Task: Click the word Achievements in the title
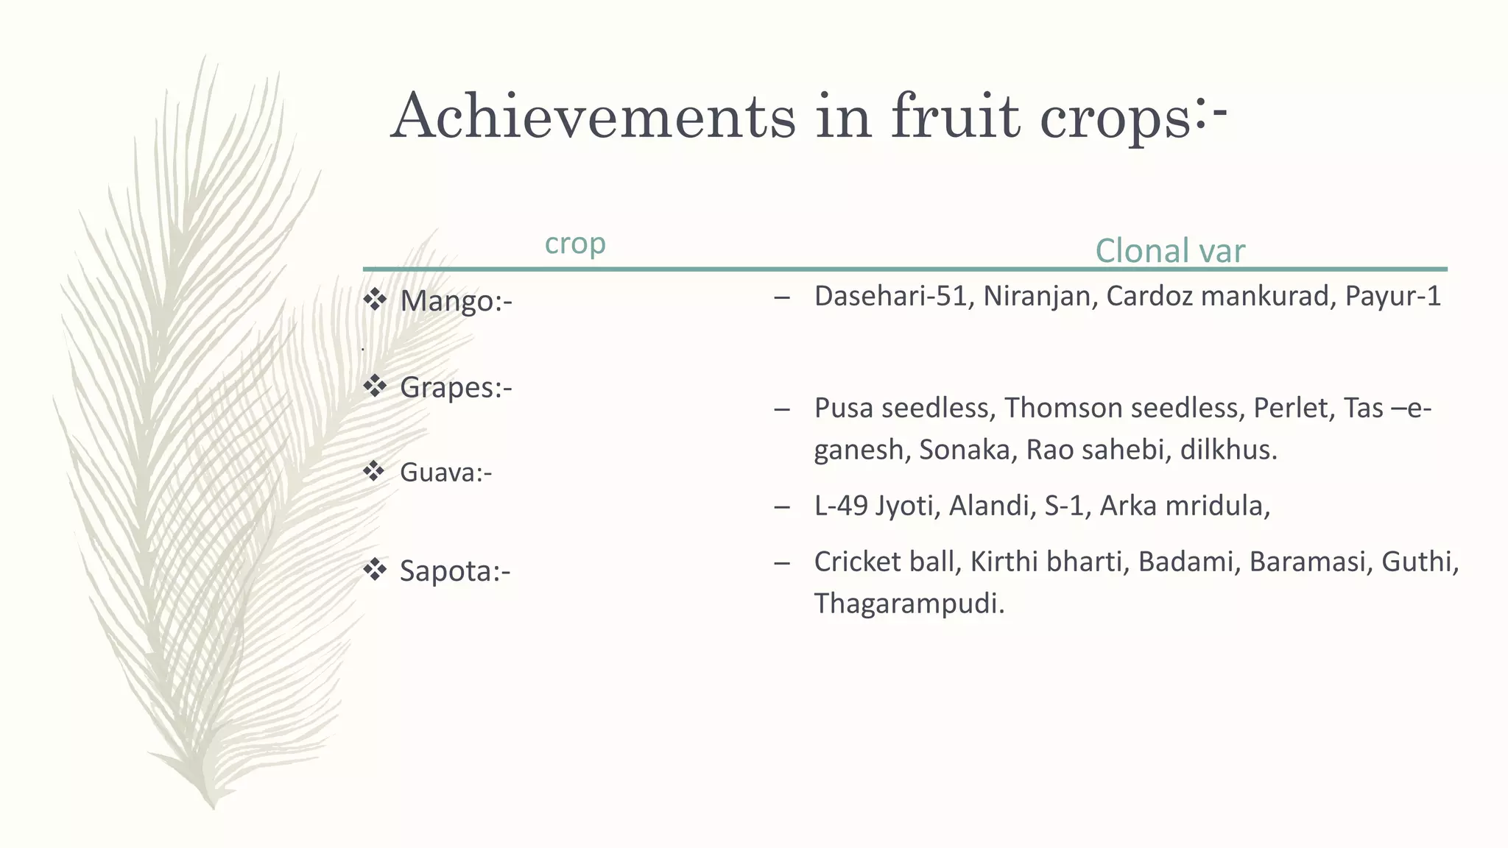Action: click(x=593, y=116)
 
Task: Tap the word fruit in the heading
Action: click(x=955, y=116)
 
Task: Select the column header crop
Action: click(x=574, y=244)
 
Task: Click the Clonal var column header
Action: click(x=1169, y=251)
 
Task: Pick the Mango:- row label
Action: click(x=455, y=301)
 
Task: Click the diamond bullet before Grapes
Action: click(x=375, y=386)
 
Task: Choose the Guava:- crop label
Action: click(x=445, y=473)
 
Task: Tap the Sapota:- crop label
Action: click(x=454, y=571)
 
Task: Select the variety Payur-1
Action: click(x=1392, y=296)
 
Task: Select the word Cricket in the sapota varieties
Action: click(x=857, y=562)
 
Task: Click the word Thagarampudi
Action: click(x=909, y=604)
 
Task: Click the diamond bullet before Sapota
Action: click(x=375, y=569)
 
